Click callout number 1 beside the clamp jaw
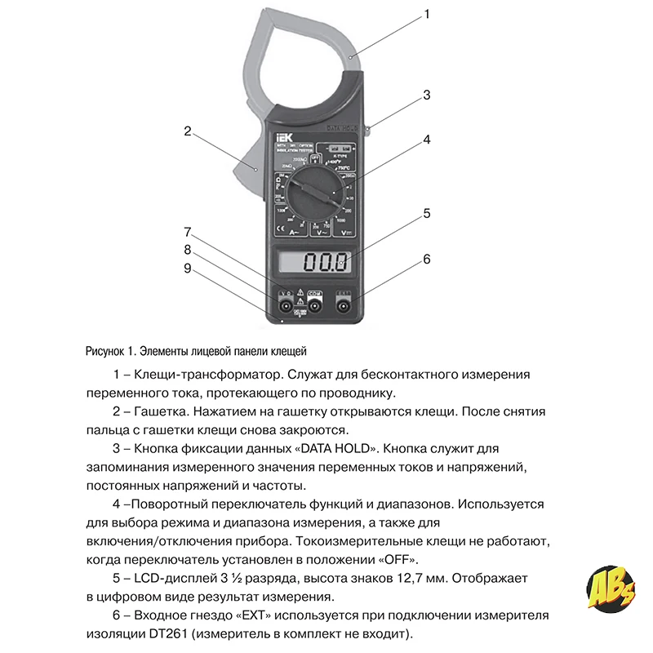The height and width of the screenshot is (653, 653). [426, 15]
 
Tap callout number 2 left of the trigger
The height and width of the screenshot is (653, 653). [187, 131]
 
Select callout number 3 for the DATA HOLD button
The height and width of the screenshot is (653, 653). [426, 96]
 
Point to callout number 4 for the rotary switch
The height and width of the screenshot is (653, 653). [426, 140]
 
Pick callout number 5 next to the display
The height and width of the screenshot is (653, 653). [426, 215]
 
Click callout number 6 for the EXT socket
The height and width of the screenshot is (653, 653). [426, 260]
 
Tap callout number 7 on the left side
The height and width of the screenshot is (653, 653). [187, 231]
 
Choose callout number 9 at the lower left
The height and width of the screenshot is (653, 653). [187, 269]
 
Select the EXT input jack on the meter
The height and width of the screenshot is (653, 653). [343, 307]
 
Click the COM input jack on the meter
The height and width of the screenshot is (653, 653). [315, 307]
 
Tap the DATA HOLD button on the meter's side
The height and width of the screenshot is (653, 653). [369, 127]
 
